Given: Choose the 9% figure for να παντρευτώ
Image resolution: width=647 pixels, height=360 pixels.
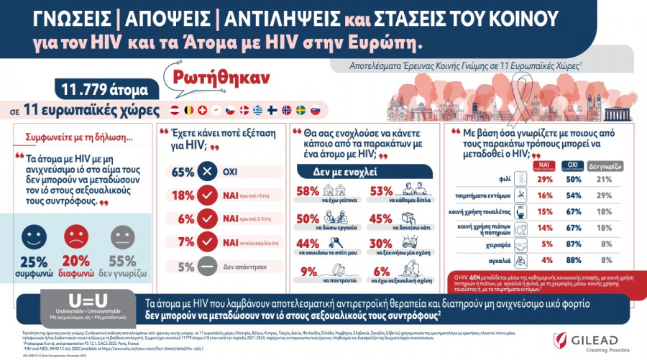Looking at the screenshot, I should pos(309,272).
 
